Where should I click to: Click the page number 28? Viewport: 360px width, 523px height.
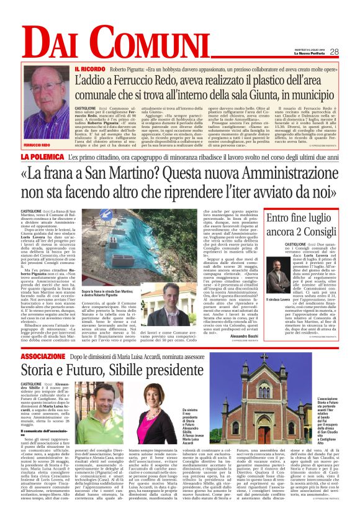point(333,52)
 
